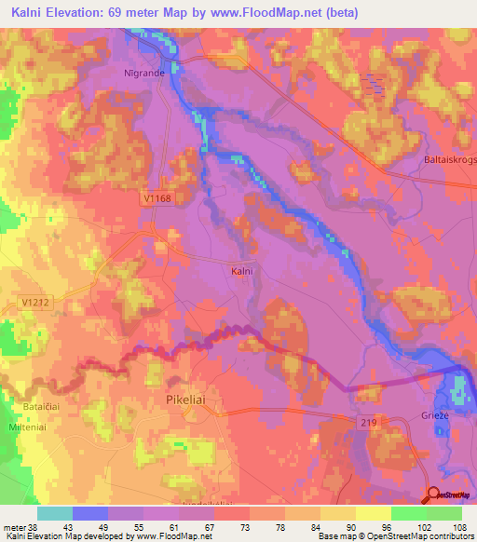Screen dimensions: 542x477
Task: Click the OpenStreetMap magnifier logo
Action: [x=434, y=495]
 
